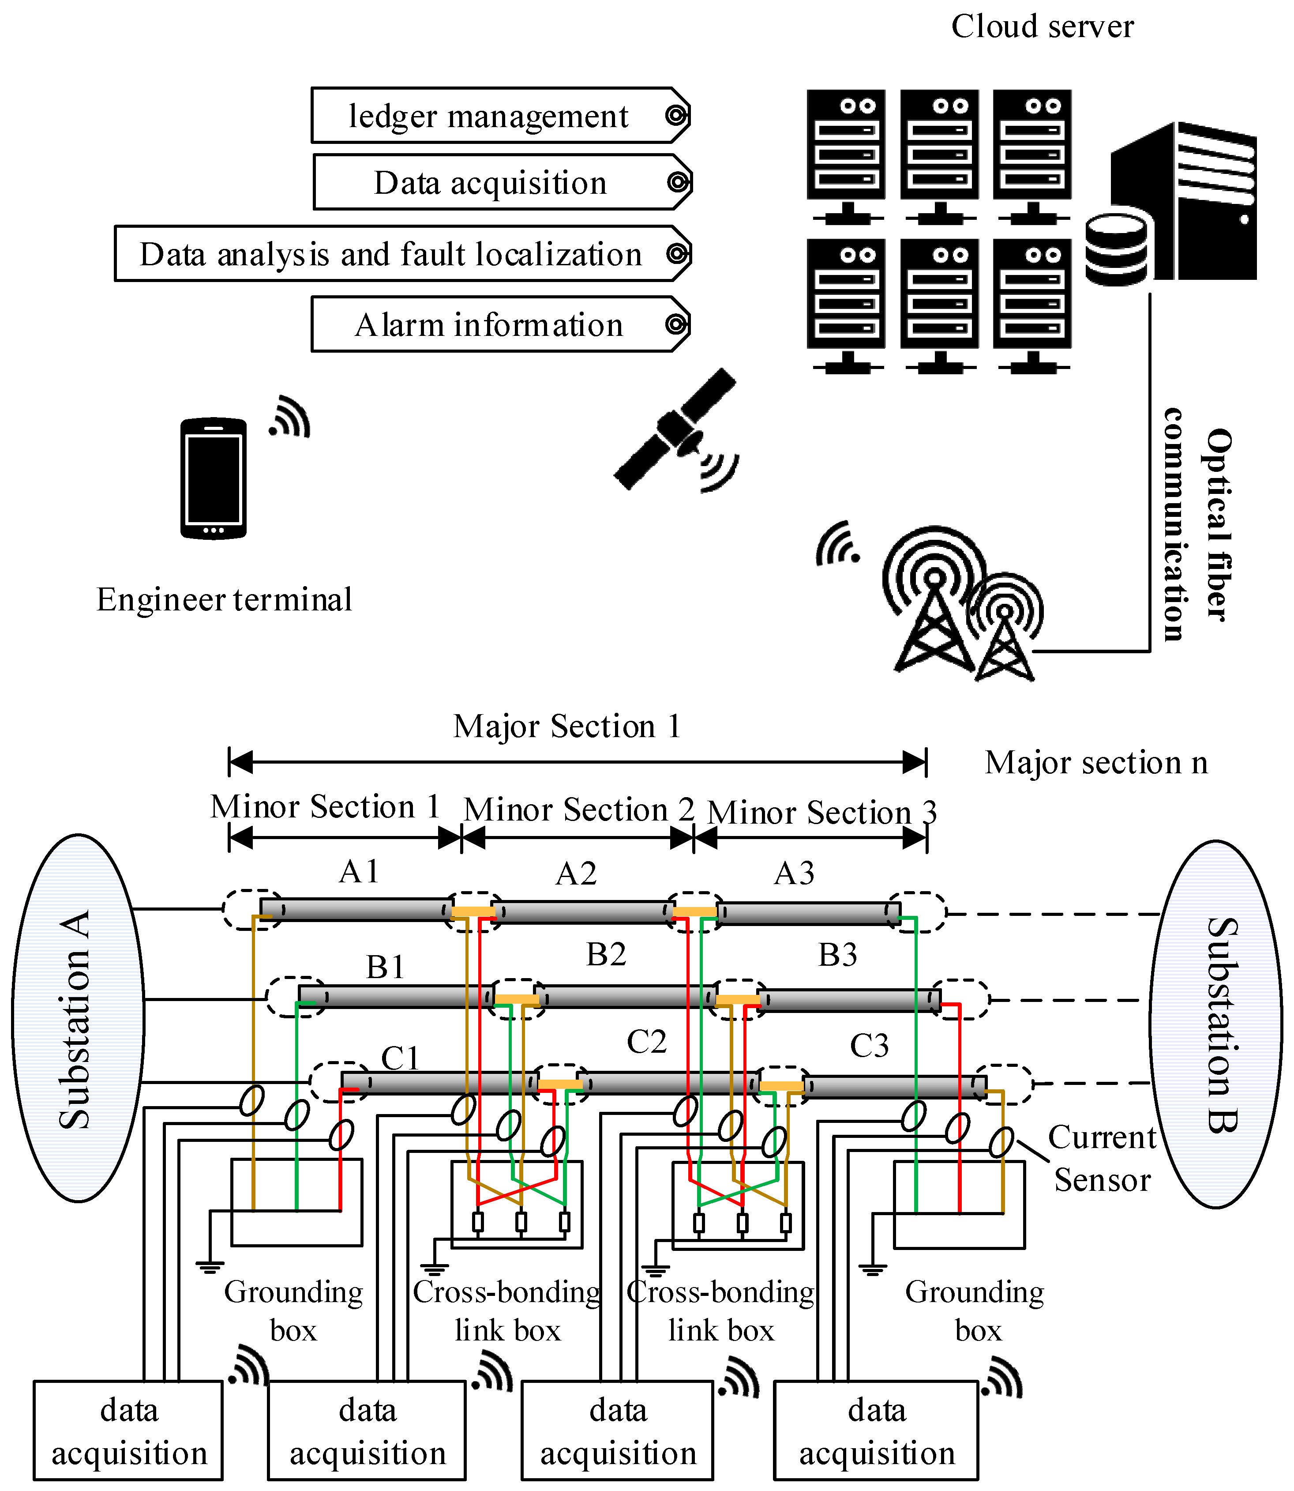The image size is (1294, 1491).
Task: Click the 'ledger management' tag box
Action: pos(498,116)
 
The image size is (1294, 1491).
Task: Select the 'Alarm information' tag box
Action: pos(498,324)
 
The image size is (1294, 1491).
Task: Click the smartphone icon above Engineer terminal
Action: pos(213,478)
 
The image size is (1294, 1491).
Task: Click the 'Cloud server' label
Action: pos(1042,27)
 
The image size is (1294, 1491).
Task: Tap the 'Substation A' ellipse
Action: pos(78,1019)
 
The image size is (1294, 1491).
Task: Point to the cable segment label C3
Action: pos(869,1045)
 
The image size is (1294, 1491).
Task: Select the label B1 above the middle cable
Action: pos(385,967)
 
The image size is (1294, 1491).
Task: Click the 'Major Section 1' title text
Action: pos(567,726)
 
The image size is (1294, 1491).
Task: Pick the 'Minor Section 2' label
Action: pos(578,810)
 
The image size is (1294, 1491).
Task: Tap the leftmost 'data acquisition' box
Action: pos(128,1431)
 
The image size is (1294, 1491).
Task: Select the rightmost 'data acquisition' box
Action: pos(875,1431)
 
